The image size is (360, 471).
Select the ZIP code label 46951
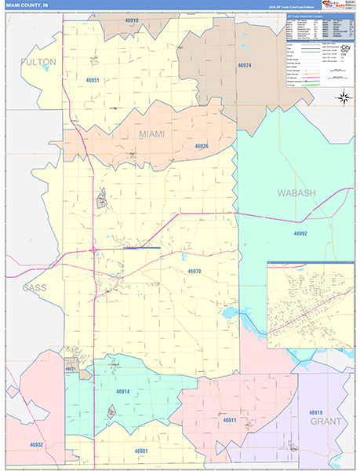[x=93, y=80]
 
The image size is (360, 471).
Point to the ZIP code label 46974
[x=245, y=65]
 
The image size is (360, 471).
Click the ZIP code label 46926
[x=202, y=146]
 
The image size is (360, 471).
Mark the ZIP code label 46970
[x=195, y=272]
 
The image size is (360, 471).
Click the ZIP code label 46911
[x=229, y=420]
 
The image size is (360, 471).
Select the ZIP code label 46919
[x=316, y=412]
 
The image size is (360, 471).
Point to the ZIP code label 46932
[x=37, y=444]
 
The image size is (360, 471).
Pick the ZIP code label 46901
[x=141, y=451]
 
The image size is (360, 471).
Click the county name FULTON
[x=38, y=61]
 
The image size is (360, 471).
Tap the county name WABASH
[x=296, y=192]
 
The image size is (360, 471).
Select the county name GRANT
[x=325, y=422]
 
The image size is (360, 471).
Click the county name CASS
[x=34, y=287]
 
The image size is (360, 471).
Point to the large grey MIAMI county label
[x=152, y=134]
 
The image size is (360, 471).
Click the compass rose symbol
[x=343, y=97]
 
